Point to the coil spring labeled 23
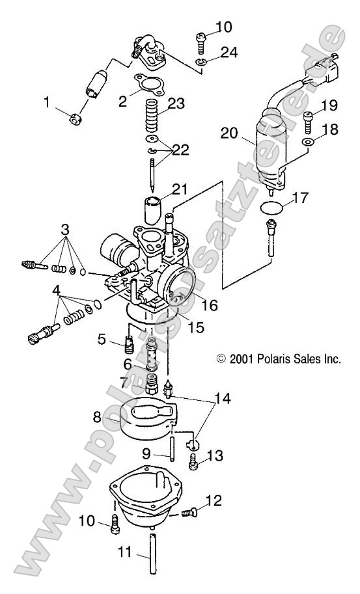[x=151, y=120]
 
